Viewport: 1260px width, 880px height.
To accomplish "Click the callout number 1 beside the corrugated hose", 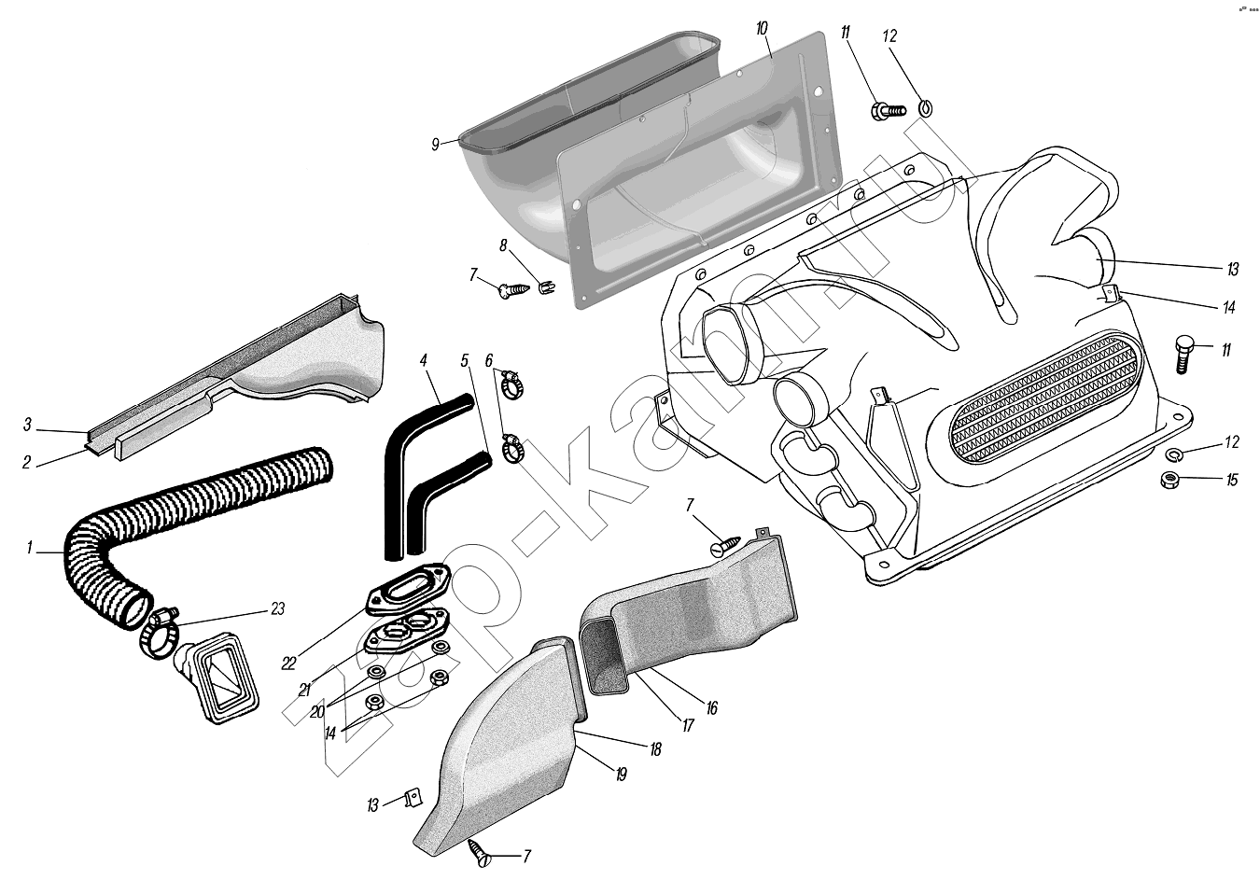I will tap(29, 549).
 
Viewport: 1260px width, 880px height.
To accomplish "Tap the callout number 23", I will tap(277, 609).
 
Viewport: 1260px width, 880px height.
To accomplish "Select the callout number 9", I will tap(435, 144).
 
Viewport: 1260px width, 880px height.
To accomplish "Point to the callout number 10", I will tap(762, 29).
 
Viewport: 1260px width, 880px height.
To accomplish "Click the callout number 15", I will tap(1232, 481).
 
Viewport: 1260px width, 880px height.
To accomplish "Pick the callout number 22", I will tap(289, 663).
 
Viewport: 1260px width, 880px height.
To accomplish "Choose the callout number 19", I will tap(621, 774).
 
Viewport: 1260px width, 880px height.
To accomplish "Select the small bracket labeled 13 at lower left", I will tap(410, 799).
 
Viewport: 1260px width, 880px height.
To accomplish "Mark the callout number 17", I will tap(688, 724).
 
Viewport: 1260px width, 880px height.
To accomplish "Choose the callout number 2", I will tap(27, 462).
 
